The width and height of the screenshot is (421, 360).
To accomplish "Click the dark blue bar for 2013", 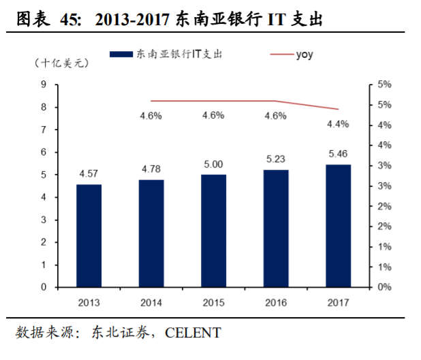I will click(89, 235).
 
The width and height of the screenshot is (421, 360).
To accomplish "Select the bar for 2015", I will click(213, 230).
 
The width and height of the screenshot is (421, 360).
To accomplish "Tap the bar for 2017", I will click(338, 226).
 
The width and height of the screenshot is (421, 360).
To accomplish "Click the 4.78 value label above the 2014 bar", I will click(151, 168).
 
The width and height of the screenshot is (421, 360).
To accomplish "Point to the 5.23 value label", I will click(276, 157).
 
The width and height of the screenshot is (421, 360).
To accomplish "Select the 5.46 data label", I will click(339, 153).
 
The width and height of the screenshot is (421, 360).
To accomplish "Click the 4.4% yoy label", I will click(338, 124).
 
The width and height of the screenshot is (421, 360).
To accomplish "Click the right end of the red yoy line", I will click(338, 109).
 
